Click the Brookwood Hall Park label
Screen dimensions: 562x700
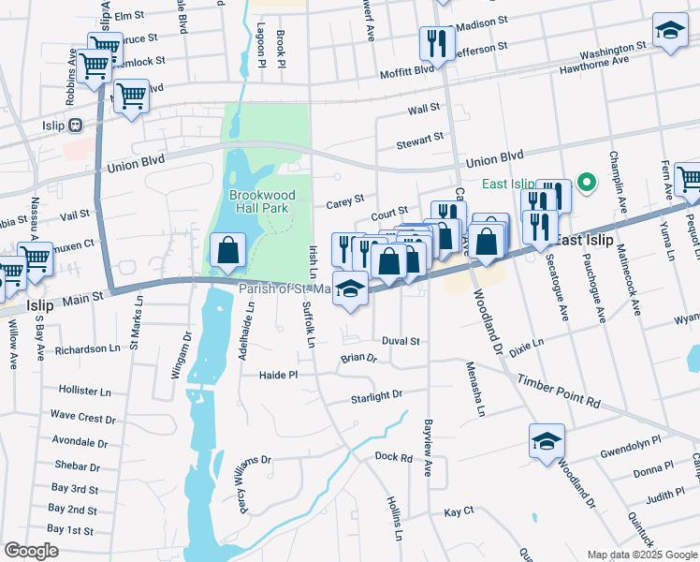click(259, 201)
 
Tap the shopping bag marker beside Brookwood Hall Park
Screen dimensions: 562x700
click(227, 251)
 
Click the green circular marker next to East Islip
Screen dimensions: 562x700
click(588, 183)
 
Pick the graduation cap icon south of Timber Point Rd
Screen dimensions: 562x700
click(547, 442)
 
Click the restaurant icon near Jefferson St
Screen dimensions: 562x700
click(437, 43)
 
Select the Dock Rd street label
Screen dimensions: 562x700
click(393, 457)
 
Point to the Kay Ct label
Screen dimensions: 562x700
click(459, 512)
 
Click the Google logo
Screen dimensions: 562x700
click(31, 550)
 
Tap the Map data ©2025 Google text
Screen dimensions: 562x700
click(641, 555)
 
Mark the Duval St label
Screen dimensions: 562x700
click(401, 342)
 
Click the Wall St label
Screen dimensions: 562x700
click(423, 110)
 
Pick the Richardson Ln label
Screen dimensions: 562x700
click(88, 349)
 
